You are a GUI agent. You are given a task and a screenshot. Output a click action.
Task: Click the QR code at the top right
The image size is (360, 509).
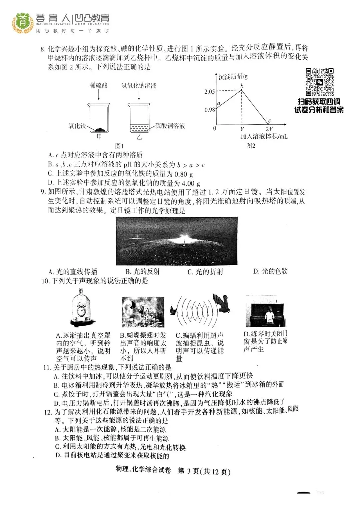pos(320,82)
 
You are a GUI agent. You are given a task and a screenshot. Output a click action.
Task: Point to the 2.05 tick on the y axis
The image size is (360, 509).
pos(210,92)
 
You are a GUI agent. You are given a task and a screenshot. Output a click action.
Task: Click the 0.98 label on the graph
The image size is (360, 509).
pos(210,110)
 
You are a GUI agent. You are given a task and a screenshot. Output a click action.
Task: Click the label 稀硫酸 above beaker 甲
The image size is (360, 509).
pos(99,85)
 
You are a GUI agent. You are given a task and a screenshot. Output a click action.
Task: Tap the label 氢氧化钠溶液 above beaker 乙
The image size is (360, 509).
pos(139,85)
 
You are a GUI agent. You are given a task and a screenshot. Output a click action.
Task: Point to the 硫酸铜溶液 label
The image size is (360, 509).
pos(170,126)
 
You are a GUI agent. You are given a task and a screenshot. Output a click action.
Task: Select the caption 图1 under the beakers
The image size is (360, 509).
pos(119,146)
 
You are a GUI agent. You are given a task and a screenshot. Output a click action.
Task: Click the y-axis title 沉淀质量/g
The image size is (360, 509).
pos(233,77)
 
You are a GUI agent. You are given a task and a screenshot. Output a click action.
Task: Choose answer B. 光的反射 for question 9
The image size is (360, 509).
pos(143,272)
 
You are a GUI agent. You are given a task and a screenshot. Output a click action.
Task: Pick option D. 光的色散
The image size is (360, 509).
pos(270,271)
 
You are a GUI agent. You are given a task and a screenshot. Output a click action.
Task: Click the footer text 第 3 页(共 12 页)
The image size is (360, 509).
pos(204,471)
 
